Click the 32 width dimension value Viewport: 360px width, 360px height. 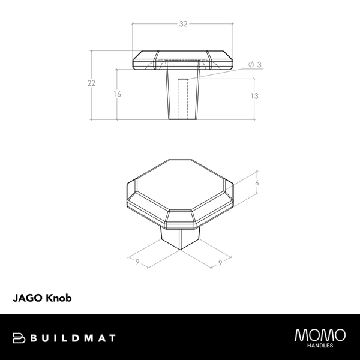(x=184, y=25)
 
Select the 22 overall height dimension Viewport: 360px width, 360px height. (x=91, y=83)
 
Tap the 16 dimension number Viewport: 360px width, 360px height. (x=117, y=94)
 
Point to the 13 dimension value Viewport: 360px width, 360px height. (x=254, y=96)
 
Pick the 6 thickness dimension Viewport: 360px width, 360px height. (x=256, y=183)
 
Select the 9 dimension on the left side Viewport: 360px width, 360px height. (x=137, y=262)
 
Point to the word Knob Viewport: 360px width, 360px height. (x=59, y=297)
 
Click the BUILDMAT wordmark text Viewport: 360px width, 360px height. (x=73, y=339)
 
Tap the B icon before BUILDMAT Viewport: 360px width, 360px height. (x=18, y=339)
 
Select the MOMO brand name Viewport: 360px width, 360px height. (x=320, y=335)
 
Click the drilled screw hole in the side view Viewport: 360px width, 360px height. (x=184, y=96)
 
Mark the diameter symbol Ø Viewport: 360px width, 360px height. (x=250, y=65)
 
